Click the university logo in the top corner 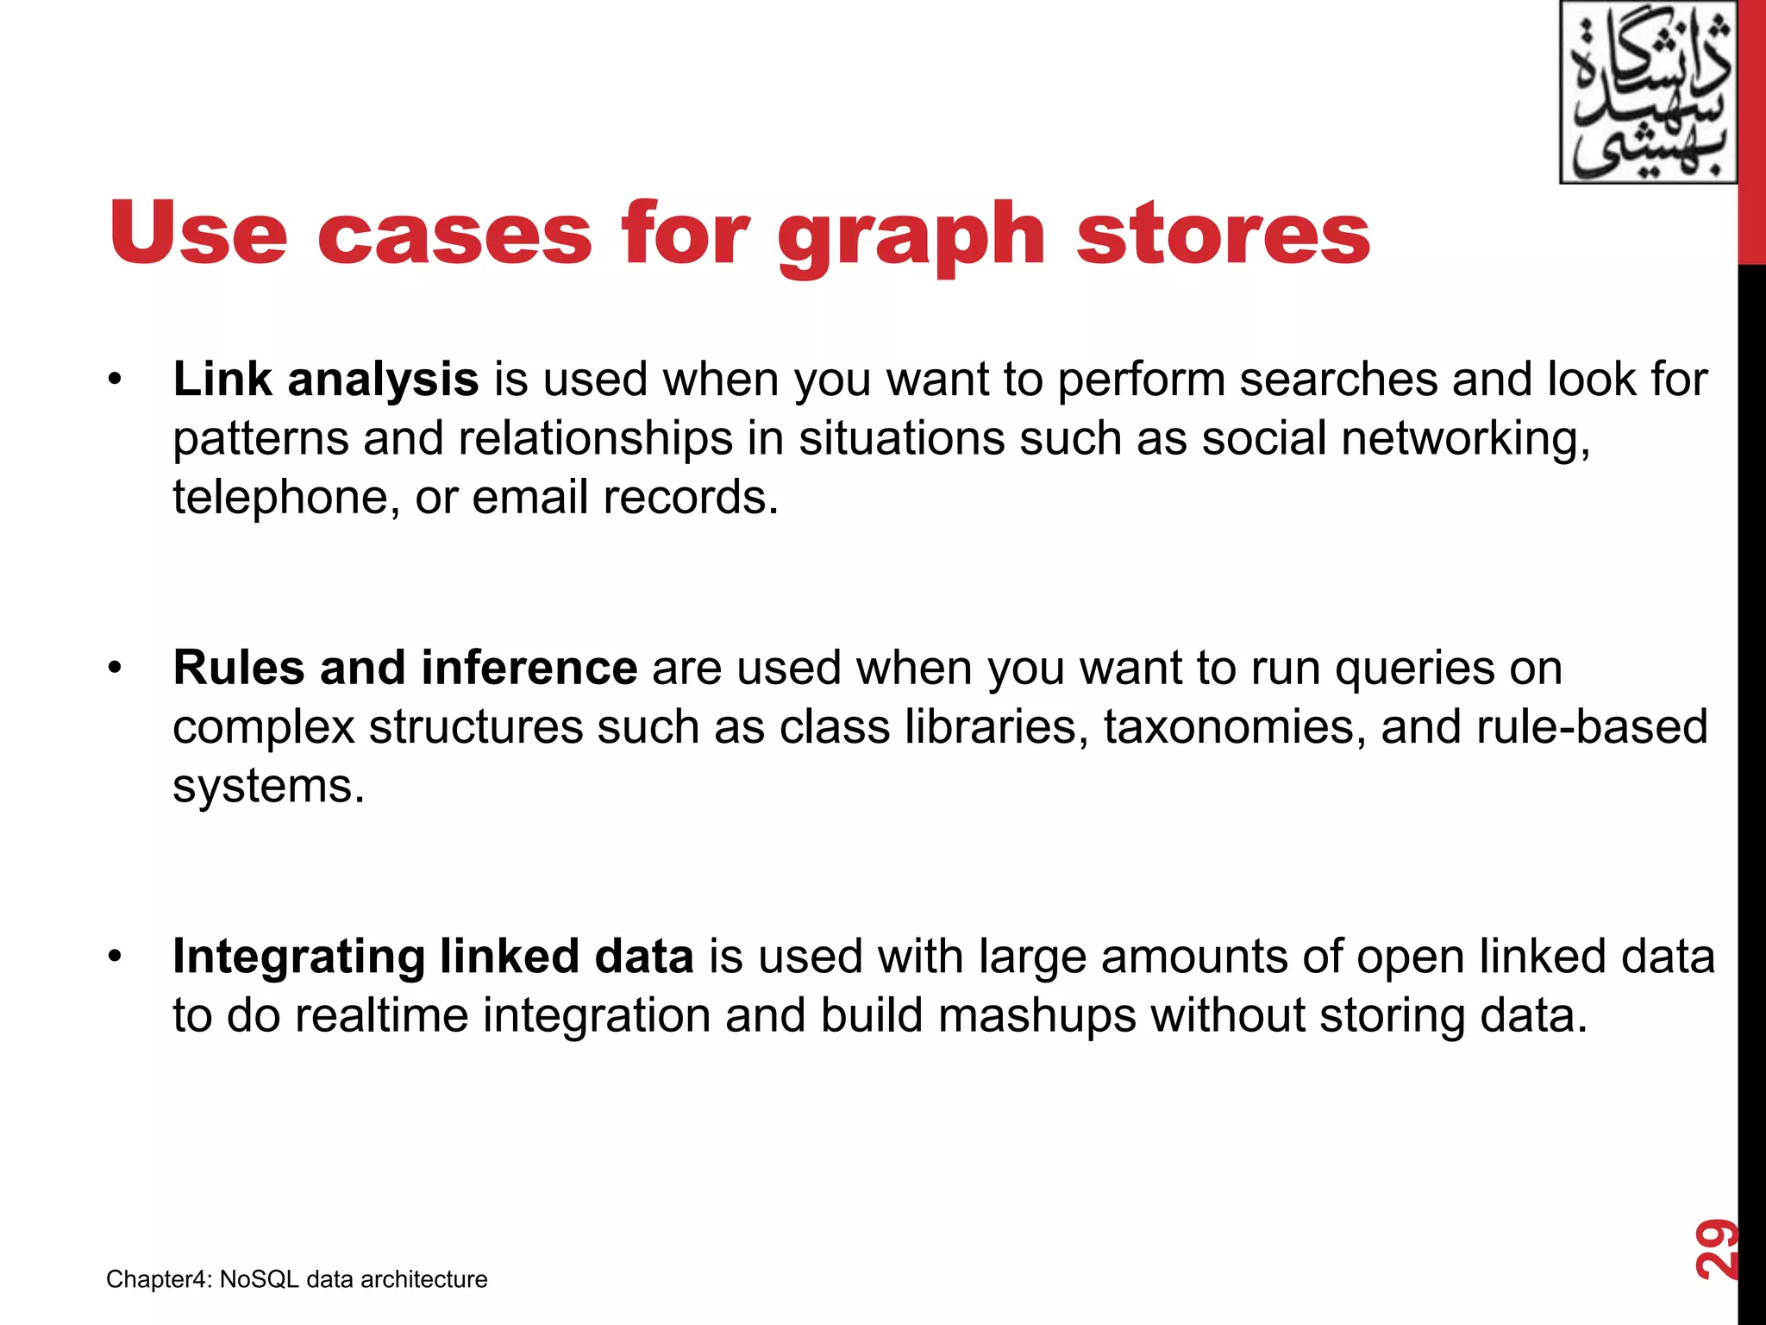[x=1647, y=93]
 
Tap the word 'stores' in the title [x=1223, y=235]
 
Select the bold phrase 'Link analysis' [x=325, y=380]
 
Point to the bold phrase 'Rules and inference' [x=404, y=668]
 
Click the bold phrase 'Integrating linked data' [x=433, y=957]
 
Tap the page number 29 [x=1715, y=1248]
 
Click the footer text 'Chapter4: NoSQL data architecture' [x=297, y=1279]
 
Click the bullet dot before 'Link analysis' [x=116, y=380]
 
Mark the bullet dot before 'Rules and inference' [x=116, y=669]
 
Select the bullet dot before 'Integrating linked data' [x=116, y=958]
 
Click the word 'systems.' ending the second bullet [x=268, y=786]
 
